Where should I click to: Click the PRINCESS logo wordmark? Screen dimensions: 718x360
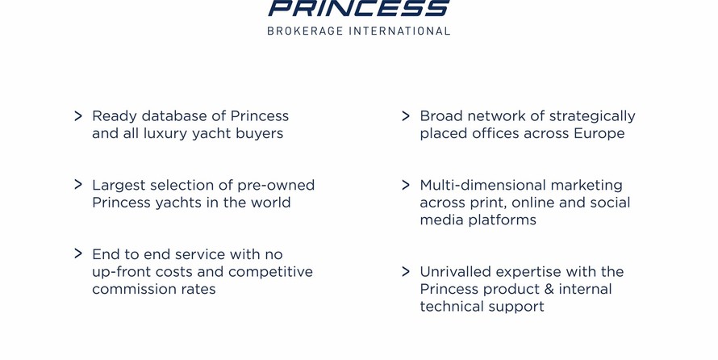(359, 8)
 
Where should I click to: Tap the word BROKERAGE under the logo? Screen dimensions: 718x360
(305, 31)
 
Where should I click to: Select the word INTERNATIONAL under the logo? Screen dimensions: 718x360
(400, 31)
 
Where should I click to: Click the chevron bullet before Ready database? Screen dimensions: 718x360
(78, 116)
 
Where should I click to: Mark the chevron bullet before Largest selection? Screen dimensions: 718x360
(78, 185)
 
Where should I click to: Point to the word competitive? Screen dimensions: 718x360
(270, 272)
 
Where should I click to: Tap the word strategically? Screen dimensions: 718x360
(592, 116)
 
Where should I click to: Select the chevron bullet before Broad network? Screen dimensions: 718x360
(406, 116)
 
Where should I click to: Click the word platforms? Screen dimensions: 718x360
(504, 220)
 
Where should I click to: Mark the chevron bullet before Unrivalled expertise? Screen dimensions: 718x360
(406, 271)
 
